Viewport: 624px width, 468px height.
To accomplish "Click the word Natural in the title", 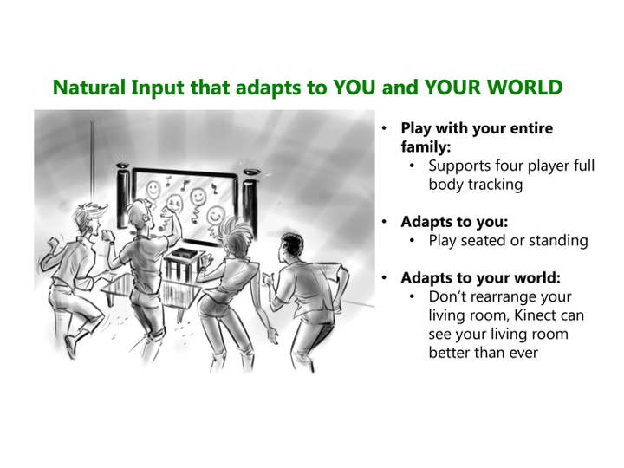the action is coord(89,88).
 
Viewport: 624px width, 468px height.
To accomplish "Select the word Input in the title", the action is coord(158,88).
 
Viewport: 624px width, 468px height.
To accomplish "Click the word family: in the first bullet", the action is coord(426,146).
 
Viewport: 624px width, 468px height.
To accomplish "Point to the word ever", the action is coord(523,353).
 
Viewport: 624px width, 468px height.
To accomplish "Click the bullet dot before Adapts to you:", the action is coord(384,222).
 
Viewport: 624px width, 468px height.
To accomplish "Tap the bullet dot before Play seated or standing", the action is coord(412,241).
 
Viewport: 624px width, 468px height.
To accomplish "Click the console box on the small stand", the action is coord(185,254).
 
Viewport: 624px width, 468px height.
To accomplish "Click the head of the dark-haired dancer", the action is coord(292,247).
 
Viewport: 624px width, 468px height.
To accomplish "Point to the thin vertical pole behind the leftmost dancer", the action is coord(93,163).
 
